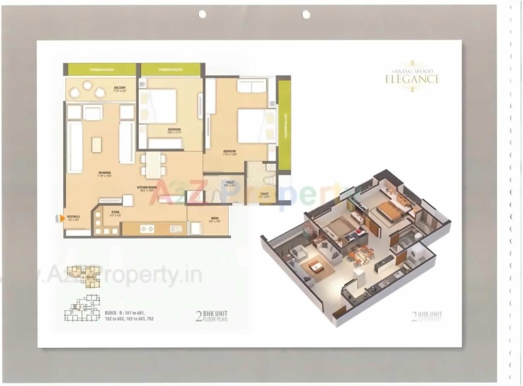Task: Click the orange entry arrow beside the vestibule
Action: pyautogui.click(x=62, y=219)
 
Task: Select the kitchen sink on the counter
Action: pyautogui.click(x=176, y=229)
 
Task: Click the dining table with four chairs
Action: pyautogui.click(x=153, y=165)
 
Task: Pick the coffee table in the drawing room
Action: pyautogui.click(x=97, y=145)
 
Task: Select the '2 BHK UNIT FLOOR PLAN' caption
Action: pyautogui.click(x=211, y=316)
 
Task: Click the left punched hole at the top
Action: pyautogui.click(x=202, y=14)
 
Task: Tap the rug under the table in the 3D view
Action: pyautogui.click(x=316, y=268)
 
